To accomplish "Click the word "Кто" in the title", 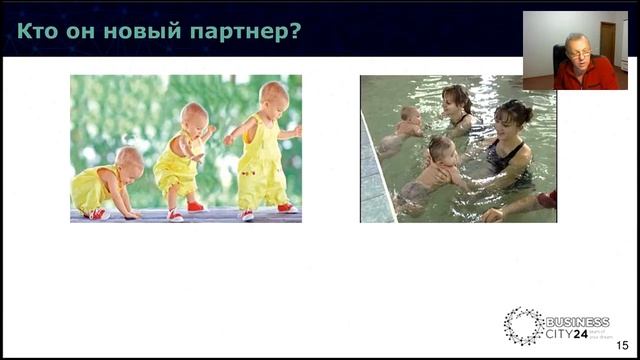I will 37,32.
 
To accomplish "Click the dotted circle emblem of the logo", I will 524,326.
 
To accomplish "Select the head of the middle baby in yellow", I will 195,115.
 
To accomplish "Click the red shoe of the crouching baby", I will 98,213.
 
